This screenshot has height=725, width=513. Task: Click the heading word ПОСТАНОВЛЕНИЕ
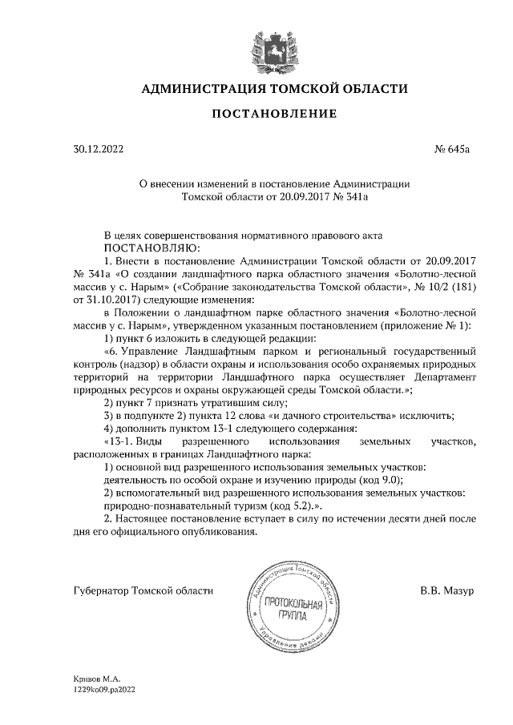(273, 115)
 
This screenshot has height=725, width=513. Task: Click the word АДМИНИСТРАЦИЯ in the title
(195, 88)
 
